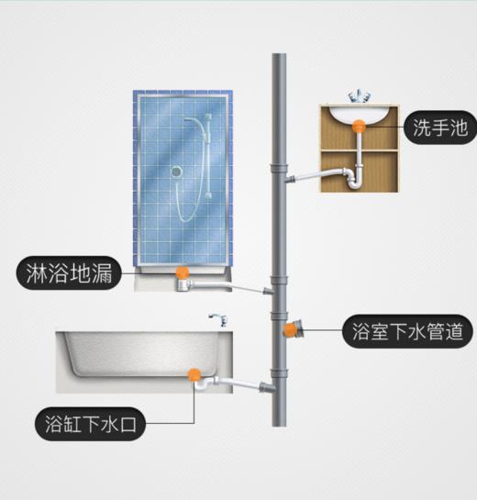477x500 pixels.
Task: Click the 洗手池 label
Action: [x=440, y=128]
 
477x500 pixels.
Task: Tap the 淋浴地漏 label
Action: [x=69, y=273]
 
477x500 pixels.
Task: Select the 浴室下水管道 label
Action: [x=407, y=331]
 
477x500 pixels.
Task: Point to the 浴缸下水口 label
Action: [x=90, y=424]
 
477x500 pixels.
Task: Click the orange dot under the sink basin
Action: [x=359, y=127]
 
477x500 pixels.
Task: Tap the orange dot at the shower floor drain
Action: [x=183, y=273]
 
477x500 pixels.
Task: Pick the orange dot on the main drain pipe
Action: [x=290, y=330]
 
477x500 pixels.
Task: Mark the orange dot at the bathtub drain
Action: [x=194, y=375]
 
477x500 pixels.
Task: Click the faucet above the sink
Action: [x=360, y=95]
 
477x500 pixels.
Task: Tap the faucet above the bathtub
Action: [x=219, y=320]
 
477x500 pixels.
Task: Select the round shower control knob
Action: [x=176, y=172]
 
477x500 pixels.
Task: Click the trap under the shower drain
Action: [x=183, y=285]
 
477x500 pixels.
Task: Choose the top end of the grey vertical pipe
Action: [x=279, y=54]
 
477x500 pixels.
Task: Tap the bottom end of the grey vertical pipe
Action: [x=279, y=425]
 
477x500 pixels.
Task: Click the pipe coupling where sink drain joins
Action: [x=279, y=169]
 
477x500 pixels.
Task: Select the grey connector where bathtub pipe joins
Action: [x=267, y=387]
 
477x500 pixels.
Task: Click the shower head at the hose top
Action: [x=208, y=117]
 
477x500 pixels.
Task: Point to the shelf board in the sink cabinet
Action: [x=360, y=150]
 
